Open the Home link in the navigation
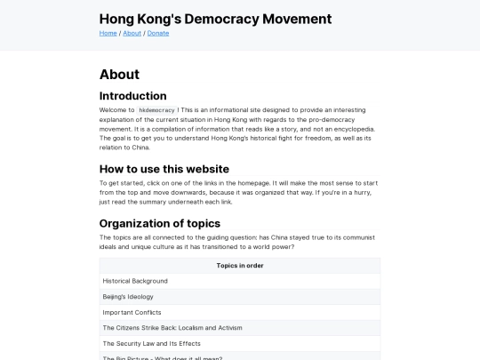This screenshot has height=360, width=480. pos(108,33)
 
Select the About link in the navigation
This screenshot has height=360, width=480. pos(132,33)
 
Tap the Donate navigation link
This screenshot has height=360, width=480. pos(158,33)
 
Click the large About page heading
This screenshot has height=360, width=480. pos(119,75)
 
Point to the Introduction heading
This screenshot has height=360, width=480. pos(132,96)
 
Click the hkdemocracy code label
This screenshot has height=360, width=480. pos(156,110)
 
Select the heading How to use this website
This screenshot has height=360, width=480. pos(164,169)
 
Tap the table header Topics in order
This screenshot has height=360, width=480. pos(239,265)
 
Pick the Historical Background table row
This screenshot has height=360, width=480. pos(135,281)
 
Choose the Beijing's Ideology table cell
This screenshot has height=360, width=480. pos(128,296)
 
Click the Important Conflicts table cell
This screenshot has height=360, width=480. pos(132,312)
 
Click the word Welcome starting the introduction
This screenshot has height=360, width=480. pos(116,110)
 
